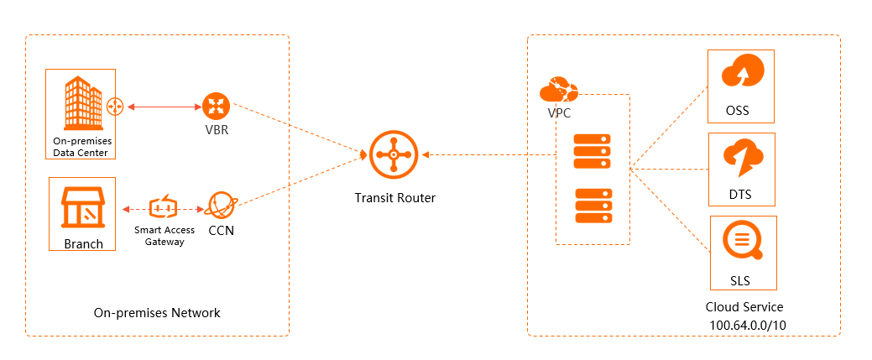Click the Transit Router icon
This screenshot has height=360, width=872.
pos(393,155)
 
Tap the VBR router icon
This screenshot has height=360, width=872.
pos(214,107)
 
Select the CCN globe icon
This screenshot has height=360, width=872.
pos(221,206)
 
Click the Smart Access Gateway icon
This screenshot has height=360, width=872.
pos(164,207)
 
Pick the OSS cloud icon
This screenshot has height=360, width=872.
pos(741,73)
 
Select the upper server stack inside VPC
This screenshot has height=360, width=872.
pos(593,150)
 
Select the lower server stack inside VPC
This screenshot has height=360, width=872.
pos(593,206)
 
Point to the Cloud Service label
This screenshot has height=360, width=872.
pos(744,307)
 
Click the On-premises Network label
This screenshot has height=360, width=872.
pos(157,313)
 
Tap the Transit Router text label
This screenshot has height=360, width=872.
pos(394,198)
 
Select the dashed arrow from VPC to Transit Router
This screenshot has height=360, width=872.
pos(487,154)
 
